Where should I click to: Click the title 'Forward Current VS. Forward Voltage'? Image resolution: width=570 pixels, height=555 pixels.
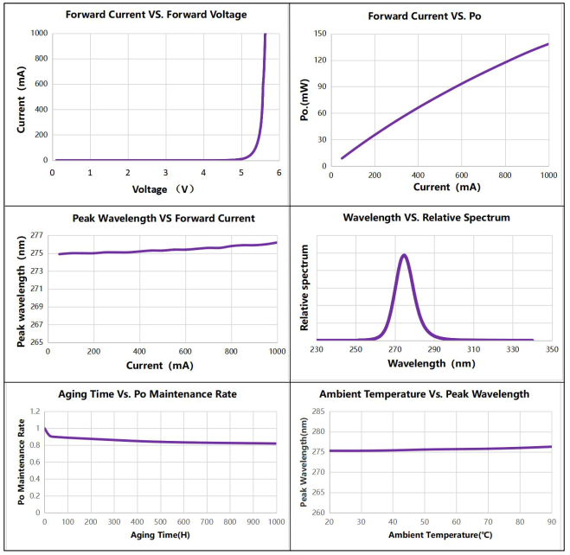(145, 14)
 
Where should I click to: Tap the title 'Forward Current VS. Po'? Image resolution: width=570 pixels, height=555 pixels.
(429, 16)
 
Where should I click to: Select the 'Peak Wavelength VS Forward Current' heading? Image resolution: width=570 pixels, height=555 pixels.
(146, 218)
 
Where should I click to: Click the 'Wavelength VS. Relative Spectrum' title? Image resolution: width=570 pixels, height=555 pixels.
(426, 217)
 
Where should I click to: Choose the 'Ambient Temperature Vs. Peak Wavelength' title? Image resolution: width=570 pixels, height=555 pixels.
(424, 393)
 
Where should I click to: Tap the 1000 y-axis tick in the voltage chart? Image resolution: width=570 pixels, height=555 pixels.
(38, 34)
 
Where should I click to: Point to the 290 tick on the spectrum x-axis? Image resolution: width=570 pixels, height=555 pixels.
(434, 348)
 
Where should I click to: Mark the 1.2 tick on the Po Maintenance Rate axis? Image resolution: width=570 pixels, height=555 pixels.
(35, 412)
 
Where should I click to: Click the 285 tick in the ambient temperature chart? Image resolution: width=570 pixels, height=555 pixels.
(317, 411)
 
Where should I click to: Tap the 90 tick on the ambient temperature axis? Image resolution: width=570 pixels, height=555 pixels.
(550, 521)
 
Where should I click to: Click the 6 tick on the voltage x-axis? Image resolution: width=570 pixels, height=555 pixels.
(279, 172)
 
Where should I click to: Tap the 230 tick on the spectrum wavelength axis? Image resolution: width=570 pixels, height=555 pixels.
(317, 348)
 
